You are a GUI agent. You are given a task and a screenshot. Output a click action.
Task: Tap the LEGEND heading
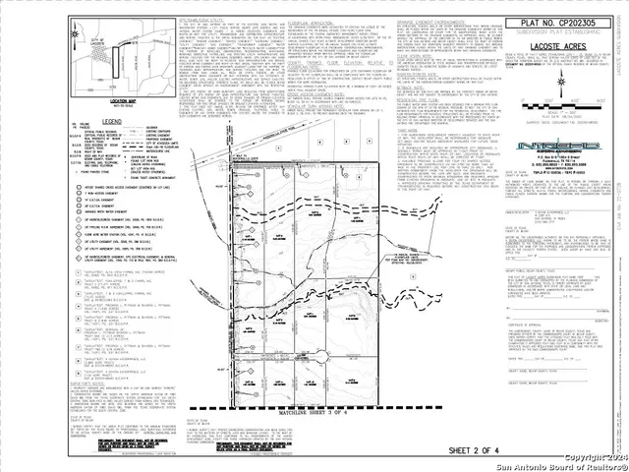[x=110, y=120]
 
